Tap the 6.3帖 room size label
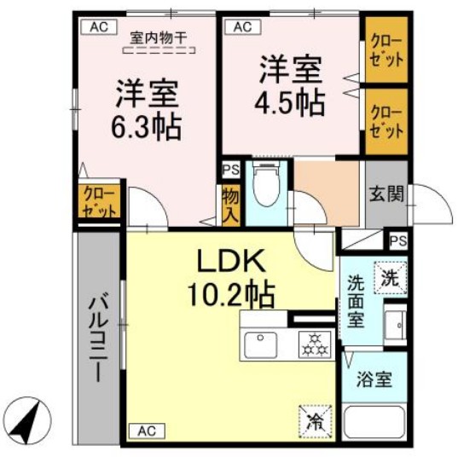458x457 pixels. tap(145, 112)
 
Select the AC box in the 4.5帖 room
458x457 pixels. tap(241, 27)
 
